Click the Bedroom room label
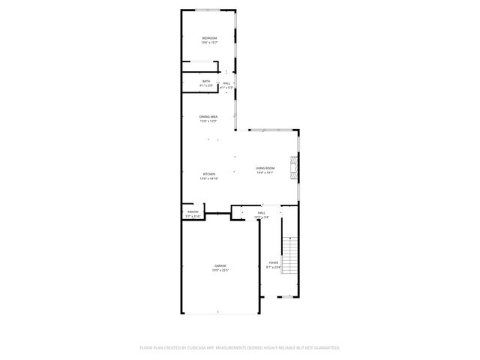(x=209, y=38)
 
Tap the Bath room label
(x=206, y=82)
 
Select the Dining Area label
(x=208, y=116)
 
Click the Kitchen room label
(x=208, y=174)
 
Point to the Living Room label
(x=265, y=168)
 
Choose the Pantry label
(x=193, y=212)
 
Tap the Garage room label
(x=220, y=266)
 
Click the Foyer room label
(x=274, y=262)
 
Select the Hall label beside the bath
(x=226, y=83)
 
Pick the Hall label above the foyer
(x=262, y=214)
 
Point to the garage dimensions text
(x=220, y=271)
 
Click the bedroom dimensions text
(x=209, y=43)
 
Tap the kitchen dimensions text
(x=208, y=178)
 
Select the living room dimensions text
(x=265, y=172)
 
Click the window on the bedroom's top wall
(x=208, y=10)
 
